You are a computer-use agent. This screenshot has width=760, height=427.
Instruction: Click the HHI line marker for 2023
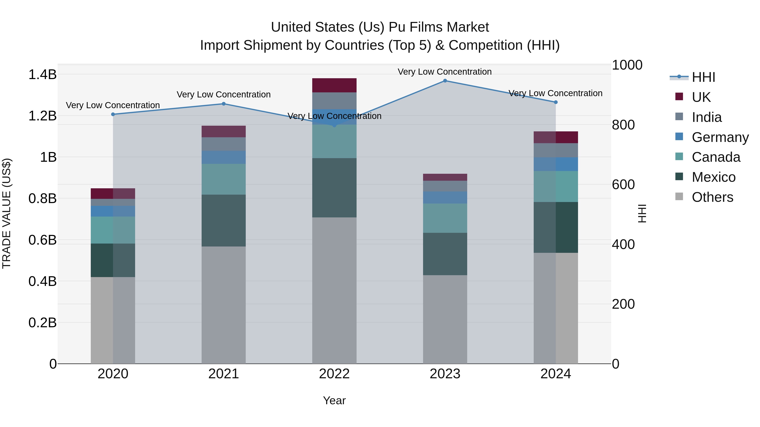(x=445, y=81)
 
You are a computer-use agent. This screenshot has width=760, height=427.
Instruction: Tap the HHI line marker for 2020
(x=113, y=114)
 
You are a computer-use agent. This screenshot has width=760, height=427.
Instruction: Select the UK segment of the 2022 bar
(x=334, y=85)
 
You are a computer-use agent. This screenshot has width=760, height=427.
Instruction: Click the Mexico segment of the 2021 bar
(x=224, y=220)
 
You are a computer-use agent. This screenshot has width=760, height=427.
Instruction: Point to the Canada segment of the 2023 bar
(x=445, y=218)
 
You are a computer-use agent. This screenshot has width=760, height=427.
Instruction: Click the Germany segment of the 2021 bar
(x=224, y=157)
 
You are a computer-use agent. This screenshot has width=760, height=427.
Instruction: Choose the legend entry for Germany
(x=720, y=137)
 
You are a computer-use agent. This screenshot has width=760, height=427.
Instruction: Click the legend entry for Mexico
(x=713, y=177)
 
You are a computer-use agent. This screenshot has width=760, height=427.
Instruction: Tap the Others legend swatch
(x=679, y=197)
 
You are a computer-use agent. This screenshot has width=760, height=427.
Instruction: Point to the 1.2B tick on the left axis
(x=42, y=116)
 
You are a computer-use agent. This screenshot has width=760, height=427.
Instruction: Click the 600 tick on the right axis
(x=623, y=185)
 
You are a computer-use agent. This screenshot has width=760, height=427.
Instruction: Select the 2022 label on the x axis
(x=334, y=374)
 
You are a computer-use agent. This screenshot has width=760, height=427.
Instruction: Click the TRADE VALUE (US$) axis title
(x=7, y=213)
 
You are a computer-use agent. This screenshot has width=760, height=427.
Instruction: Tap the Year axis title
(x=334, y=400)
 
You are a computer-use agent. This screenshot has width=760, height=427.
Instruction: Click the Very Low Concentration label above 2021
(x=224, y=95)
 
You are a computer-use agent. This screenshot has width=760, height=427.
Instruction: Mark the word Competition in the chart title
(x=486, y=45)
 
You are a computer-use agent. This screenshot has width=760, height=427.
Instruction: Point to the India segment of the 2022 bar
(x=334, y=101)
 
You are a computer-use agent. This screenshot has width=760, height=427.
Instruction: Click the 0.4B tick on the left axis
(x=42, y=282)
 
